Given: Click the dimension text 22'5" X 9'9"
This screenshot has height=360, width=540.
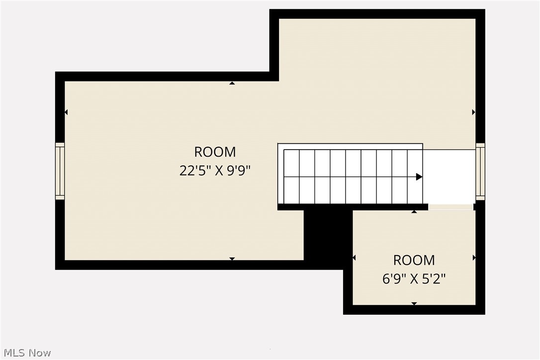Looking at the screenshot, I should (x=215, y=171).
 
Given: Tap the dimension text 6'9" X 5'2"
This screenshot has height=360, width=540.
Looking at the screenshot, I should (x=414, y=278).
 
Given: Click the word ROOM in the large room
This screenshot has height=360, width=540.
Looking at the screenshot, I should (x=215, y=152).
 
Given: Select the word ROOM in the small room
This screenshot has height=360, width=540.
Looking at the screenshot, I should (x=414, y=260).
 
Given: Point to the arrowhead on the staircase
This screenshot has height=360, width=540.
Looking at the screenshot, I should (x=419, y=177).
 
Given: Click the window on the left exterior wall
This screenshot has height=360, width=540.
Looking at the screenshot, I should (x=60, y=171).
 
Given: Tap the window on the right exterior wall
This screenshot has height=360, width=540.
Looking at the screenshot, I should (x=480, y=172).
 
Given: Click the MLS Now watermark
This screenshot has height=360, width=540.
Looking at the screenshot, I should (x=26, y=353).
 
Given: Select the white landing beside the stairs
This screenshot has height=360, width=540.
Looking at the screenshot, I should (x=449, y=177).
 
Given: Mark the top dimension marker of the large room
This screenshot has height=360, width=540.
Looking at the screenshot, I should (x=232, y=83).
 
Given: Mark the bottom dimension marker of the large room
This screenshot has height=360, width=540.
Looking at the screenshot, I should (x=232, y=259).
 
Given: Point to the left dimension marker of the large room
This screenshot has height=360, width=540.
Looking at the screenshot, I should (x=66, y=112).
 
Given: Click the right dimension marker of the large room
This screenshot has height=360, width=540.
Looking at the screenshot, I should (x=473, y=112).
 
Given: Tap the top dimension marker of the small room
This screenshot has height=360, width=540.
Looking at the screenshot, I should (x=414, y=212).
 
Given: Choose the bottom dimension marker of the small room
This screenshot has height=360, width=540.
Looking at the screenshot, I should (x=414, y=303).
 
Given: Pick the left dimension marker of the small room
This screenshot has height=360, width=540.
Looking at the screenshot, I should (x=354, y=258).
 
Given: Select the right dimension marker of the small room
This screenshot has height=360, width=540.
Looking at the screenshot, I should (x=474, y=258).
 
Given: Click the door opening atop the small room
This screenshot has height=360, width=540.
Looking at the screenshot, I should (x=451, y=207).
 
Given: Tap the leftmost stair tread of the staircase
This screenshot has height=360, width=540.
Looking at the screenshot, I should (x=291, y=177).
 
